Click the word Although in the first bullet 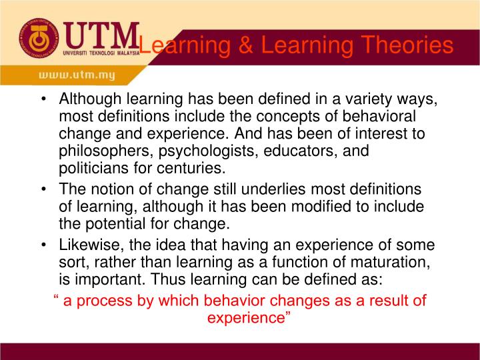point(89,100)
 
